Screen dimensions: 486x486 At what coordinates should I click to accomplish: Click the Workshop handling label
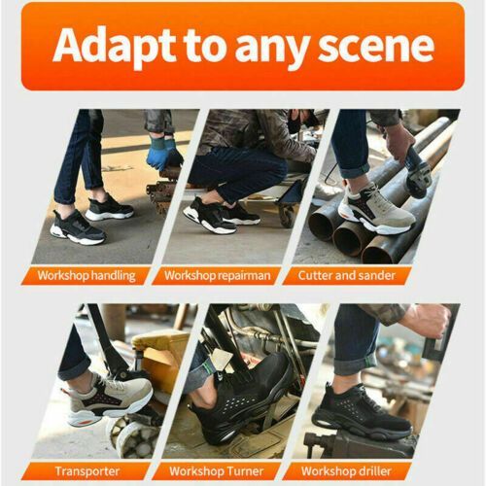[x=87, y=276]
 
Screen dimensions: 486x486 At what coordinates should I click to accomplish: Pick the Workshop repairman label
[x=217, y=276]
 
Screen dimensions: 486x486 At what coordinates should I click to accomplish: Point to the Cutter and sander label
[x=347, y=275]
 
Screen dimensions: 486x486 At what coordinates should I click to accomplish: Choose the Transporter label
[x=87, y=471]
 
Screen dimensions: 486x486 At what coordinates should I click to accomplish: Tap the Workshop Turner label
[x=216, y=471]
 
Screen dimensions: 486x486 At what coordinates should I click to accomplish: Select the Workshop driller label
[x=346, y=471]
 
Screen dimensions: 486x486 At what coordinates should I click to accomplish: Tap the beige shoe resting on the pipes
[x=376, y=211]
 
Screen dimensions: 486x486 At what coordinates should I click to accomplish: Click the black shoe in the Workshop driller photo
[x=360, y=411]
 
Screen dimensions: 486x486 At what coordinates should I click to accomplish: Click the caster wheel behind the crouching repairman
[x=288, y=215]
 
